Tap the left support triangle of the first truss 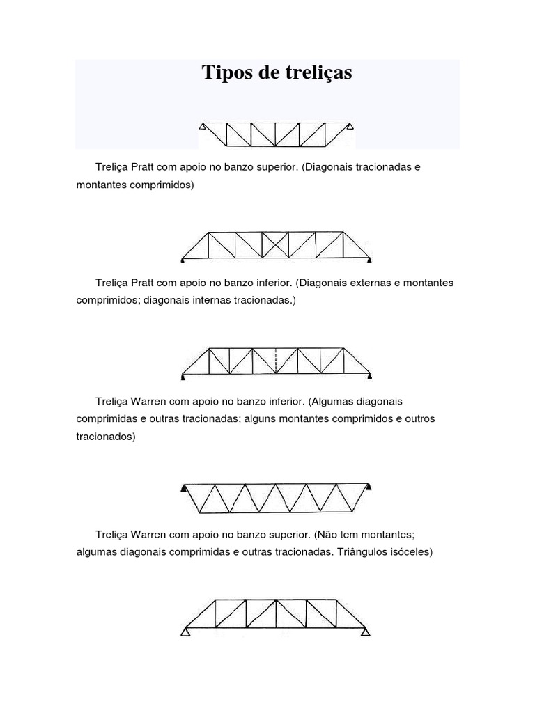point(201,127)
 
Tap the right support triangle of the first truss point(352,127)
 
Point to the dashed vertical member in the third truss point(277,360)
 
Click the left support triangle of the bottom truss point(186,632)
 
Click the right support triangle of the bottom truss point(365,632)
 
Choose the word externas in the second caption point(364,283)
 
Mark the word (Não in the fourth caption point(325,535)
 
